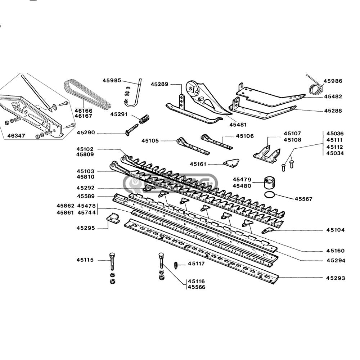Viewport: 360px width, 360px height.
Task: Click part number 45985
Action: tap(112, 81)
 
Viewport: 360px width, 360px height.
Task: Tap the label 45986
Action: tap(333, 81)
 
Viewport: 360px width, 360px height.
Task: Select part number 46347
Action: tap(17, 136)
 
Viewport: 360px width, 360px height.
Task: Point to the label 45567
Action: tap(303, 199)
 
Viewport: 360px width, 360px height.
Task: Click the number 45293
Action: tap(336, 278)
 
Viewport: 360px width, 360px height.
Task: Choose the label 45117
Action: tap(196, 264)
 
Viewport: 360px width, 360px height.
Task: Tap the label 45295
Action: tap(85, 228)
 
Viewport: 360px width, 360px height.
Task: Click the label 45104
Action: tap(336, 230)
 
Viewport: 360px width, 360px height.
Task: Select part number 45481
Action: tap(238, 125)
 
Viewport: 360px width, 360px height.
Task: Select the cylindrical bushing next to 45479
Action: tap(270, 183)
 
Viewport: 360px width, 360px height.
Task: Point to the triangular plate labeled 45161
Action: tap(231, 163)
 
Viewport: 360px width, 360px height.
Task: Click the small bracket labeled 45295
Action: tap(113, 219)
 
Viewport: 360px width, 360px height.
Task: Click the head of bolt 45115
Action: tap(112, 255)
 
